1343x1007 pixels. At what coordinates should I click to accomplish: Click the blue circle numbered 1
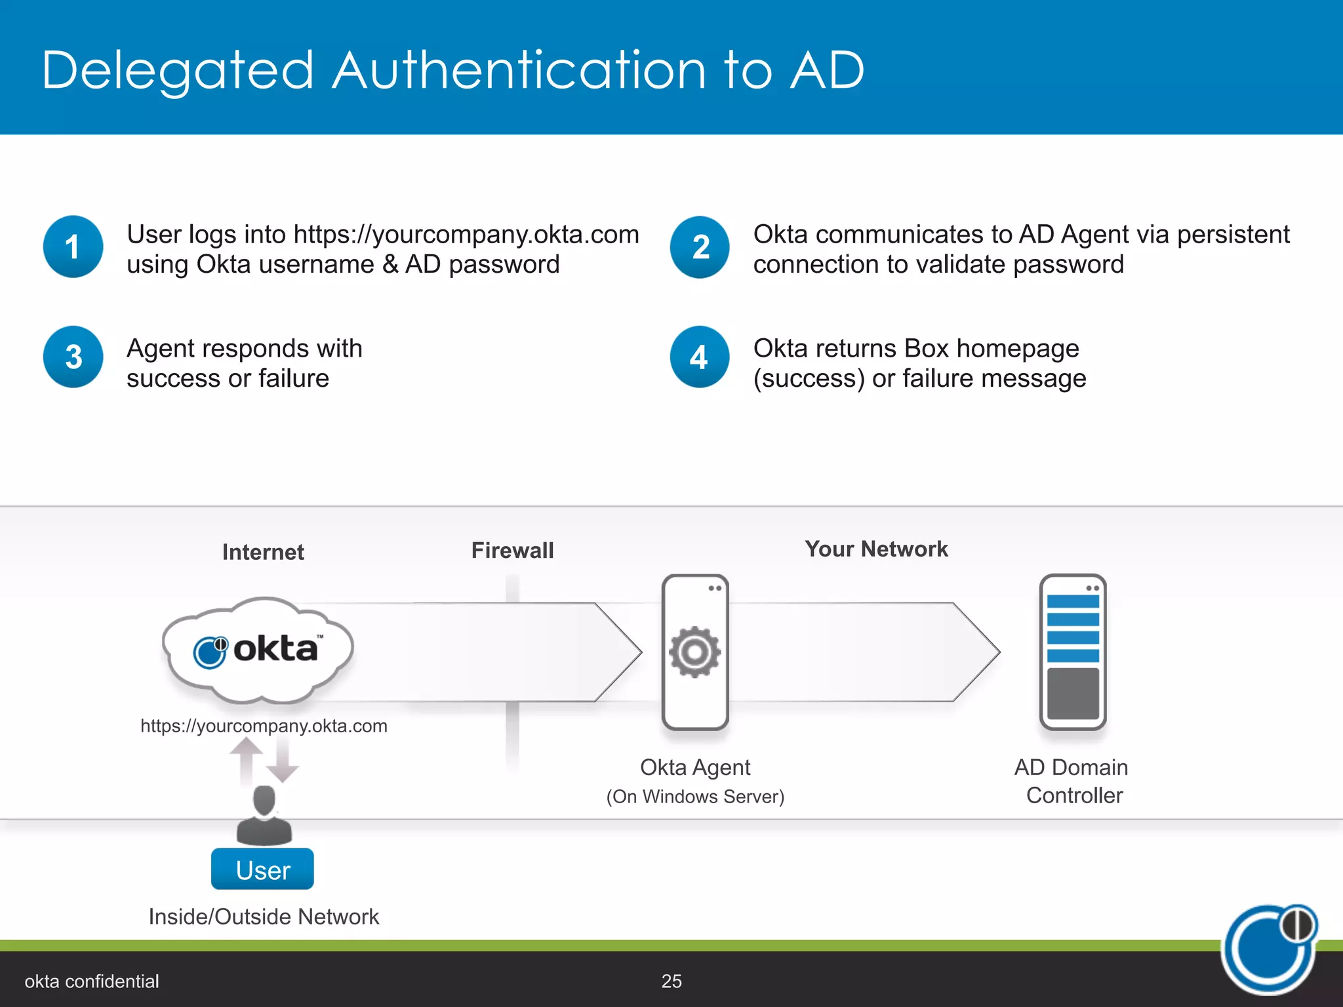coord(73,247)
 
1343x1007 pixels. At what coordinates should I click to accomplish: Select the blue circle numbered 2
coord(700,247)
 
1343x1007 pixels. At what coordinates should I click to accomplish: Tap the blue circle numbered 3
coord(73,357)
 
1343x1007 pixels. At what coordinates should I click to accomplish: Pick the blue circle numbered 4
coord(700,357)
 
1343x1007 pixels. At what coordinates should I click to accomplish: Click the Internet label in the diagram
coord(263,552)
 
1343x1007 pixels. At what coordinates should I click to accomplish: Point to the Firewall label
coord(512,550)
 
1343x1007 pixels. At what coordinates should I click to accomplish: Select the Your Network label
coord(876,549)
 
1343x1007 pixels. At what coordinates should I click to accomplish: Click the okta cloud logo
coord(258,650)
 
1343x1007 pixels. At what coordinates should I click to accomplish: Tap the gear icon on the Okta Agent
coord(694,652)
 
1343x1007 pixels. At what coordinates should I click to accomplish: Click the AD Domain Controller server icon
coord(1073,652)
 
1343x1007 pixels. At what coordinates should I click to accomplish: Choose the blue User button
coord(262,869)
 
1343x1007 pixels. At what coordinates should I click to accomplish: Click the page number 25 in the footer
coord(671,981)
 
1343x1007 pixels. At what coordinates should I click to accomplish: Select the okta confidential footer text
coord(92,981)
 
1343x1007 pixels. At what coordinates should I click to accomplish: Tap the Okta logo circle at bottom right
coord(1269,949)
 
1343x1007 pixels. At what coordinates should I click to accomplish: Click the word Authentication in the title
coord(519,70)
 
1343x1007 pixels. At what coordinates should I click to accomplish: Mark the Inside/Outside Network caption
coord(264,916)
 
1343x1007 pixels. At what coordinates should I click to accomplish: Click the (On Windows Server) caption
coord(695,797)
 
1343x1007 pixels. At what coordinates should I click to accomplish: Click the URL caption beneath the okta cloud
coord(264,726)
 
